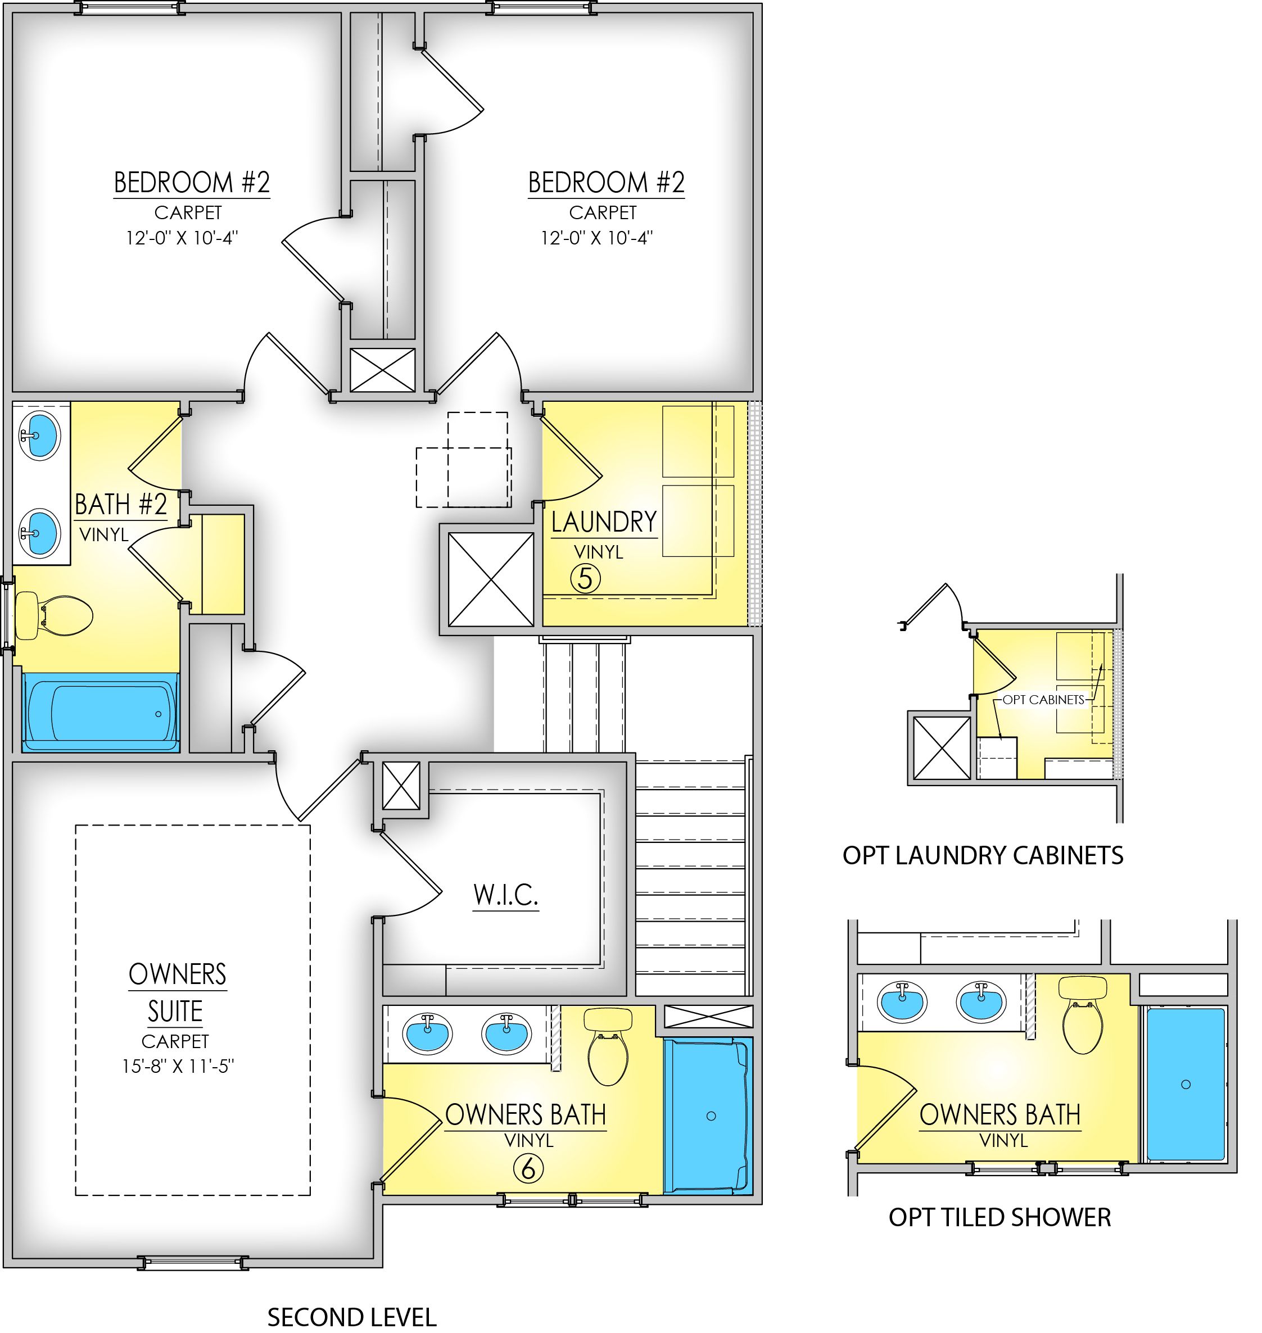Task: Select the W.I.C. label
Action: click(505, 895)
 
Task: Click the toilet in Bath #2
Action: click(54, 615)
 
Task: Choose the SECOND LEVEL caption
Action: click(352, 1316)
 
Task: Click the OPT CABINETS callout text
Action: click(1043, 700)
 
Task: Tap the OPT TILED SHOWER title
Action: click(999, 1217)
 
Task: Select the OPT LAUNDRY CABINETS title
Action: click(983, 855)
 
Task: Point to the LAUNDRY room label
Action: click(603, 523)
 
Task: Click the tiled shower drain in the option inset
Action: click(1186, 1084)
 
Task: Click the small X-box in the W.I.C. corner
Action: click(401, 786)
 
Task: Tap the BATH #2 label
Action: click(120, 505)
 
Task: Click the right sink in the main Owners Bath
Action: click(506, 1033)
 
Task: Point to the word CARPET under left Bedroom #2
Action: click(188, 212)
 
